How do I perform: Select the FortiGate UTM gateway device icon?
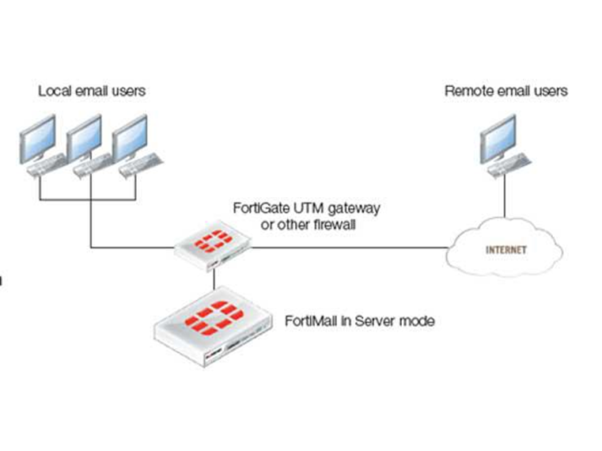point(213,246)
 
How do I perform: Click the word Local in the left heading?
point(53,91)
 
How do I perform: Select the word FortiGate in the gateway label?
point(258,208)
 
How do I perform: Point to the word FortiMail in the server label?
point(310,322)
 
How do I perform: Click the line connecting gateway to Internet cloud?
point(348,248)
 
